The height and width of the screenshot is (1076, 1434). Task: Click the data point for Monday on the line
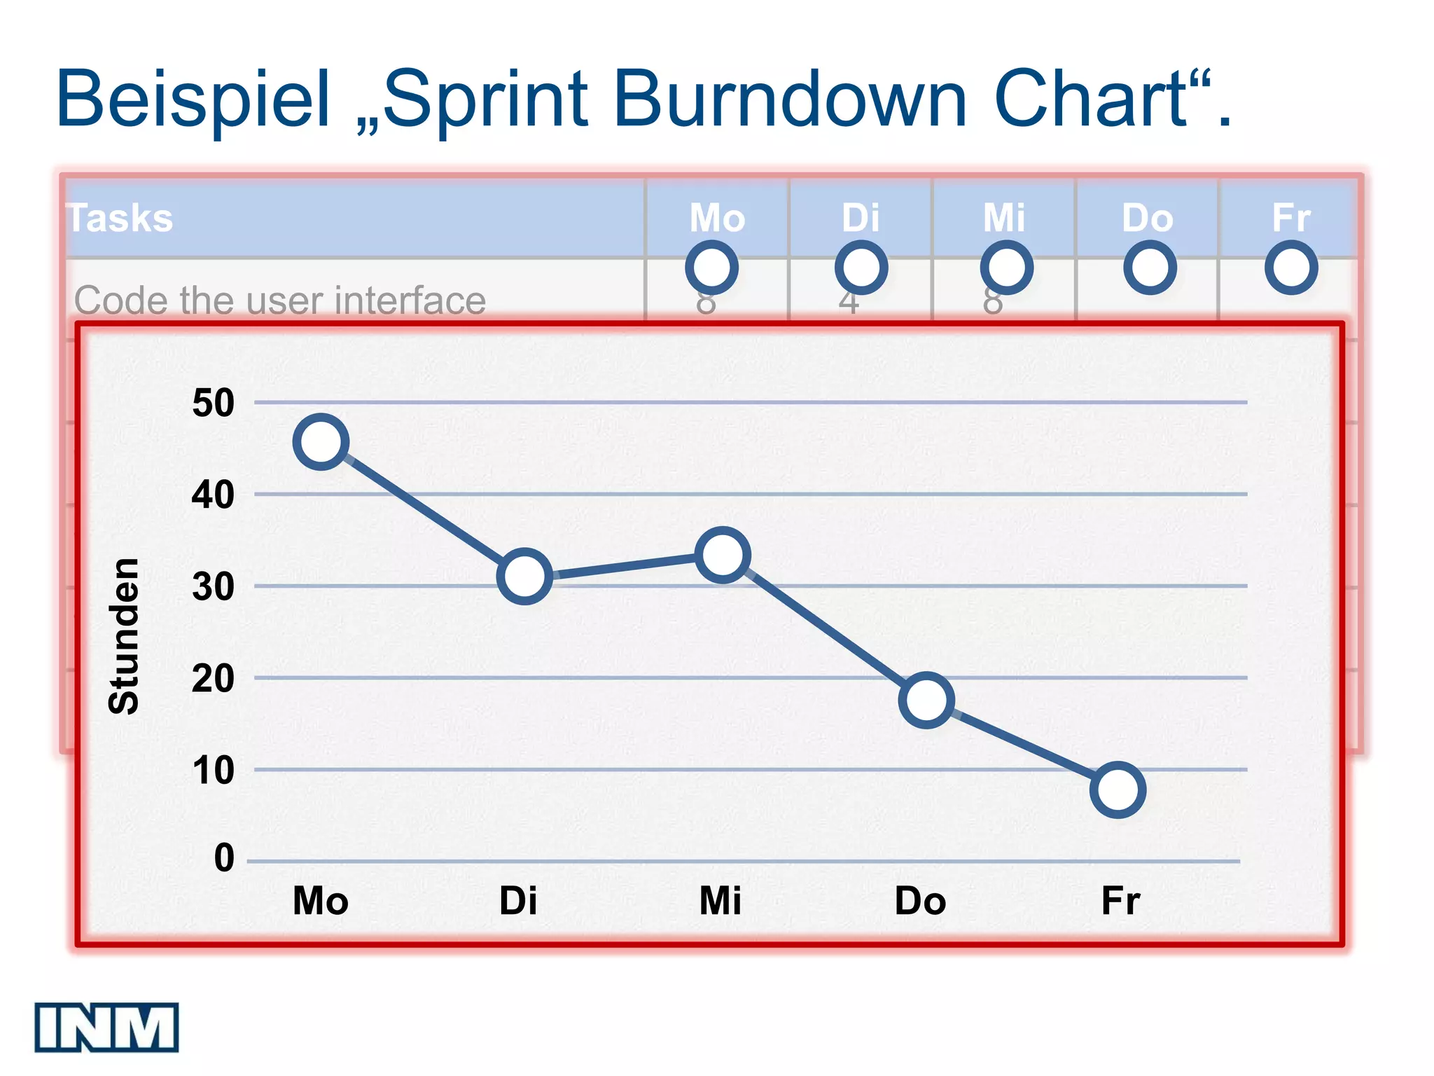point(321,441)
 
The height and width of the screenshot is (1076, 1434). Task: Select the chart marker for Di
point(524,577)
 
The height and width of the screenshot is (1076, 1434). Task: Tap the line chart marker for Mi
point(723,555)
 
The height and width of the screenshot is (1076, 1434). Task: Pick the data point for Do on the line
point(926,700)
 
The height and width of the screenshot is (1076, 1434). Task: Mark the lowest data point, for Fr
point(1118,789)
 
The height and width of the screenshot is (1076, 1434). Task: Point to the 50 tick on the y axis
point(213,403)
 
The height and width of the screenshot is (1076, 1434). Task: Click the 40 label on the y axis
point(213,495)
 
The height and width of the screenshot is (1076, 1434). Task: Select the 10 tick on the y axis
point(213,771)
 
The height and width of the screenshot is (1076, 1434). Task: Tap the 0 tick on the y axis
point(224,858)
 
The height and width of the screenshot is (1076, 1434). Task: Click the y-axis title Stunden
point(125,636)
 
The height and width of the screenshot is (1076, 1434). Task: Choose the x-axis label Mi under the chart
point(720,901)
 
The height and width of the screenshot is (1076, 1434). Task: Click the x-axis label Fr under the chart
point(1120,901)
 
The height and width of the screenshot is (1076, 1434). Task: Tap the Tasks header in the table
point(120,218)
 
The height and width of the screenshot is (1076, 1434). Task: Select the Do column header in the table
point(1147,218)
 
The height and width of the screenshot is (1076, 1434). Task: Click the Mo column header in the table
point(717,218)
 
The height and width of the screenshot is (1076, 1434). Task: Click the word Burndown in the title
point(791,99)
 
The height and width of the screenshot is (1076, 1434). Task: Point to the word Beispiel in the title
point(193,99)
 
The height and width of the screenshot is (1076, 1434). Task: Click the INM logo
point(106,1027)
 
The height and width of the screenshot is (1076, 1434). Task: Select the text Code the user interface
point(280,301)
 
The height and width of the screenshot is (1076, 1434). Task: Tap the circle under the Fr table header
point(1291,268)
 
